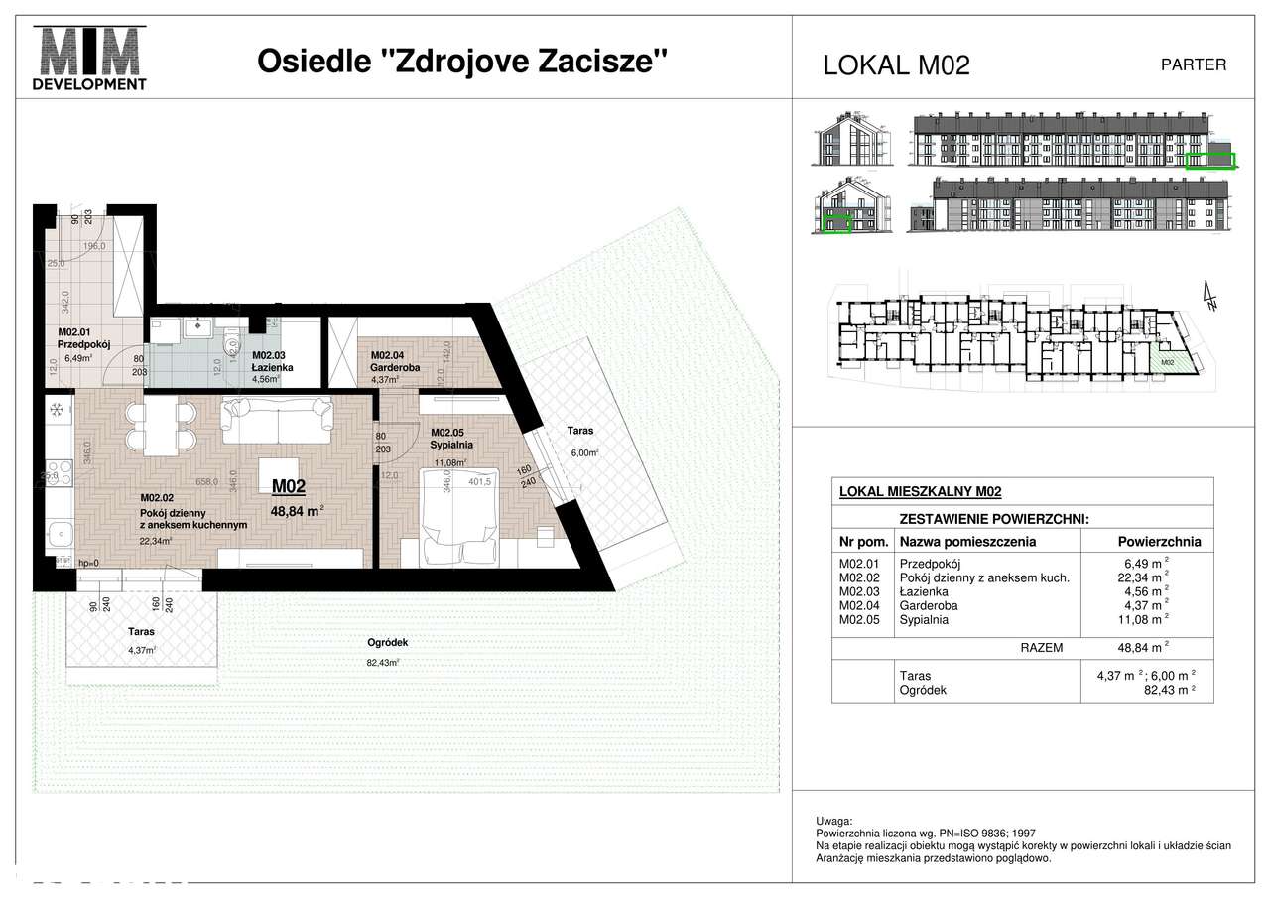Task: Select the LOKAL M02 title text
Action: [x=896, y=65]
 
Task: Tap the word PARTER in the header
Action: [x=1193, y=64]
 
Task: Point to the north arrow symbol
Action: [x=1209, y=296]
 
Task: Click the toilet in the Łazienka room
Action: [x=231, y=344]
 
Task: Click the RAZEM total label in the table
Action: [x=1041, y=647]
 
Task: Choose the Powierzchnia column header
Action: [x=1159, y=542]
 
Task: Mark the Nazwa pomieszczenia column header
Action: [x=967, y=542]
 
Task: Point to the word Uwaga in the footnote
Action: [x=831, y=822]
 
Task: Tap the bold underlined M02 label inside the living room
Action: [x=289, y=486]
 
